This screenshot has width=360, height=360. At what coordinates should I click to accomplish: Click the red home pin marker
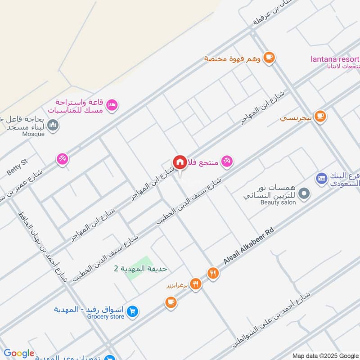[180, 162]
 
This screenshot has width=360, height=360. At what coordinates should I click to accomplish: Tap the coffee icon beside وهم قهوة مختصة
[269, 57]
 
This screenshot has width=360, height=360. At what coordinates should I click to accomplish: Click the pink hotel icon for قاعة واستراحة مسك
[112, 105]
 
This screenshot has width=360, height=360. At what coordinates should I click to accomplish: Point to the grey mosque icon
[53, 125]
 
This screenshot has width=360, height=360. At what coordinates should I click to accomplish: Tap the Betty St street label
[18, 167]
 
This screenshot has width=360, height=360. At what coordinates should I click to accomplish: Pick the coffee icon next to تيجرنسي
[320, 117]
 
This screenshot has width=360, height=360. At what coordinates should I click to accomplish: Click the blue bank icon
[321, 179]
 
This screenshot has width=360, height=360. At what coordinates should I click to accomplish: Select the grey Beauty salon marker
[305, 194]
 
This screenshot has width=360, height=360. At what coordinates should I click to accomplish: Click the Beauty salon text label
[279, 202]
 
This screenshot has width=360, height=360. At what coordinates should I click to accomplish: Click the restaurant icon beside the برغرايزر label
[195, 283]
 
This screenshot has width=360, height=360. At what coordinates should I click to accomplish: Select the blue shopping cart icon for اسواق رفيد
[132, 311]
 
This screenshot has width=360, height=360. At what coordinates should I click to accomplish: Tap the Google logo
[19, 354]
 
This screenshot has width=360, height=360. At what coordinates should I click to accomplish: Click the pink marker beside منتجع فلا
[227, 161]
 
